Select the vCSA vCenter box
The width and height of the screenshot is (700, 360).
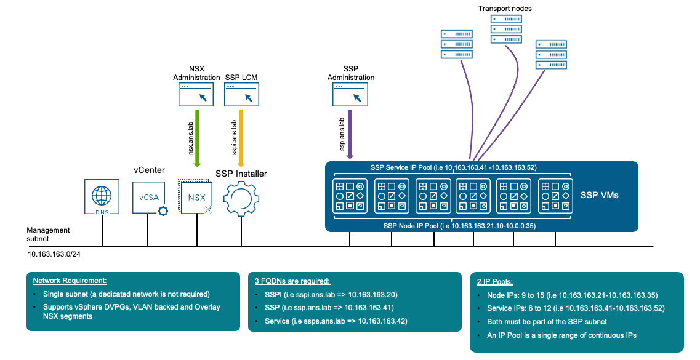(148, 198)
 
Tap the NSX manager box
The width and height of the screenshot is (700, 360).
(196, 198)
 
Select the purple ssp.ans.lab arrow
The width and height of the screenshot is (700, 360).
(350, 133)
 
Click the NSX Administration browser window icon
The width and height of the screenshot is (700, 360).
(196, 95)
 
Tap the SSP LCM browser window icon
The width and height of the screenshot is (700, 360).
(241, 95)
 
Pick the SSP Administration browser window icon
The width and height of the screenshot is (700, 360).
(350, 95)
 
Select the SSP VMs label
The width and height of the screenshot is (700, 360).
(600, 195)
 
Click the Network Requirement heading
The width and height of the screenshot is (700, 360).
(70, 281)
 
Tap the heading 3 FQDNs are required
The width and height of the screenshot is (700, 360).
(292, 281)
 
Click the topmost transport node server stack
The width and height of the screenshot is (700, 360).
(502, 29)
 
